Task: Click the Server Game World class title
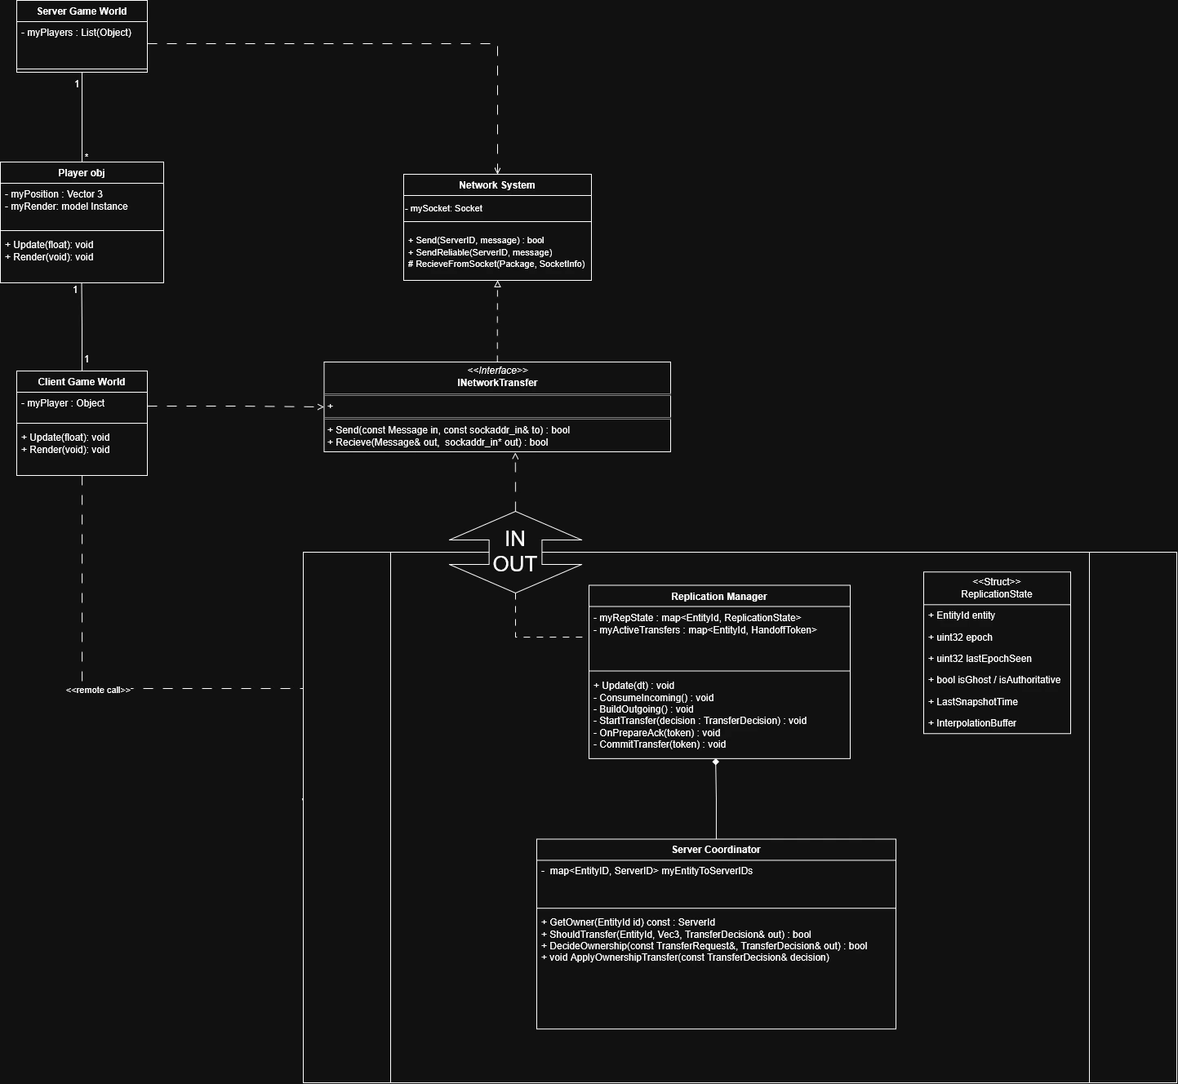click(82, 11)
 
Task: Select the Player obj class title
click(82, 173)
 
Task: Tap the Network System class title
click(496, 185)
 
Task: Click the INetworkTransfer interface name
click(497, 383)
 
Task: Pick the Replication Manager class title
click(718, 597)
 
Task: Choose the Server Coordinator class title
click(716, 850)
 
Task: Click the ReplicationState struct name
click(996, 594)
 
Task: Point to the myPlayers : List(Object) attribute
click(77, 33)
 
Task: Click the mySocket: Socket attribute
click(446, 209)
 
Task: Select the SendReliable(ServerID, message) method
click(480, 252)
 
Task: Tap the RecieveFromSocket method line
click(496, 264)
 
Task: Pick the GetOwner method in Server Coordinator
click(628, 922)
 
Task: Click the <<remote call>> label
click(99, 691)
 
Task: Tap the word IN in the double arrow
click(514, 539)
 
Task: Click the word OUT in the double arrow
click(514, 564)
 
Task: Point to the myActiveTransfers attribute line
click(705, 630)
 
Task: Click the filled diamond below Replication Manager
click(716, 762)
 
